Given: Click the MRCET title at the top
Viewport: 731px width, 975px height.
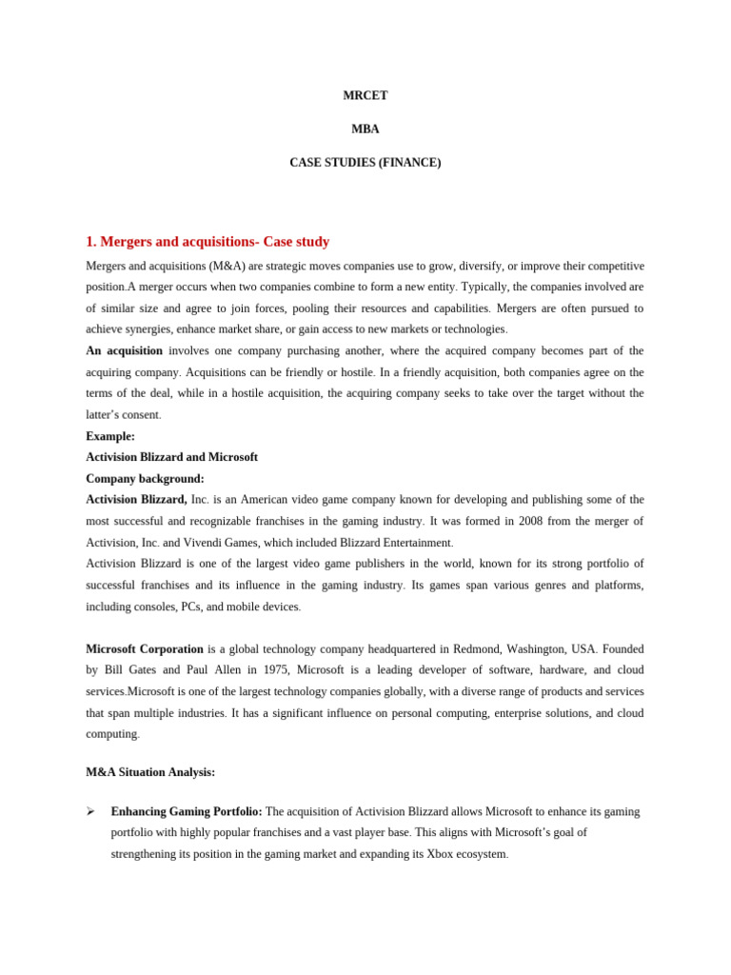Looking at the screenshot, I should pos(365,95).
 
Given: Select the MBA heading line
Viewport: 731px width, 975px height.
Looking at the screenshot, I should pos(365,129).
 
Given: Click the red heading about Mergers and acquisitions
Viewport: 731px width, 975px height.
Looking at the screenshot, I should pos(207,242).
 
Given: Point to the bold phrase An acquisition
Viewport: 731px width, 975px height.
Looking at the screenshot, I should pos(124,351).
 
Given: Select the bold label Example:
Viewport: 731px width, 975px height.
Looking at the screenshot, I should pos(110,436).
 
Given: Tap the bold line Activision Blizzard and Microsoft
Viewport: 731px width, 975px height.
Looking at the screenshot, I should pos(171,457).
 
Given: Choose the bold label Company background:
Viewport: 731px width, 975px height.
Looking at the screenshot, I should pos(145,479).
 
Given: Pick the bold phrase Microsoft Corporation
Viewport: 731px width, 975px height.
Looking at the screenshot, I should pos(145,649).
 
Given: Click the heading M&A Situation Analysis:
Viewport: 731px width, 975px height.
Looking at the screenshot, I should pos(150,772).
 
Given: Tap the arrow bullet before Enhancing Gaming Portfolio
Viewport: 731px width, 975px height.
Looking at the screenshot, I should pos(90,811).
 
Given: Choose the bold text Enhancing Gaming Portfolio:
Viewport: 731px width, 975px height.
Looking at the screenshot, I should pos(187,811).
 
